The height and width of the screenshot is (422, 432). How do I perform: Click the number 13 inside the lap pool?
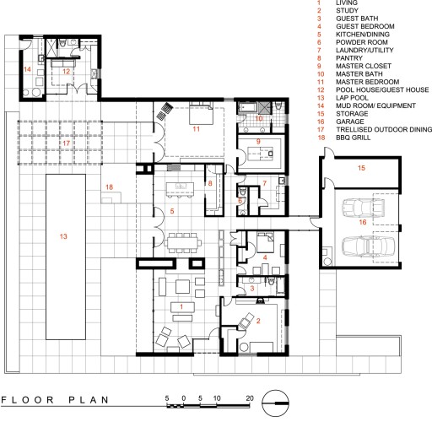point(63,236)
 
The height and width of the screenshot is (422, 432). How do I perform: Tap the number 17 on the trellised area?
point(66,143)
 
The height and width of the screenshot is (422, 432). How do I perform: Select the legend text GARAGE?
point(350,122)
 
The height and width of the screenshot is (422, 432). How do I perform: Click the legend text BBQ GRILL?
point(354,138)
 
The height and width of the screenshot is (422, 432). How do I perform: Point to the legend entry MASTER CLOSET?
point(364,66)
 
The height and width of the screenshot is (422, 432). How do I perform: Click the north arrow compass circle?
point(276,403)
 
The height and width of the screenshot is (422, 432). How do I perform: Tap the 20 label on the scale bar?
point(250,398)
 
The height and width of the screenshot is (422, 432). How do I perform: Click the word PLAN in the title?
point(89,400)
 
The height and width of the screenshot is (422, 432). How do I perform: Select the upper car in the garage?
point(363,208)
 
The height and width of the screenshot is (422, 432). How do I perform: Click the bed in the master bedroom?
point(201,113)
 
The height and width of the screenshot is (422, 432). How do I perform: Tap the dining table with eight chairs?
point(183,242)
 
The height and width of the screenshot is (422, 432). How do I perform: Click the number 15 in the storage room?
point(361,168)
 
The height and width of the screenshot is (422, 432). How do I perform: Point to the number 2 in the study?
point(258,321)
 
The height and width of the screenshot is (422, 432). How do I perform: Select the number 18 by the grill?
point(109,187)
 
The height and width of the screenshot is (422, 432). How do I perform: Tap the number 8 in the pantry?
point(210,183)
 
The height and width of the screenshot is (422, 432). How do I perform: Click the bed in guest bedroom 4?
point(265,242)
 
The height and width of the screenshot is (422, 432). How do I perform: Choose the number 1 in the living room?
point(181,306)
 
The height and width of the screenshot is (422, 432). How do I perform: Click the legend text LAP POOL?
point(352,98)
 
